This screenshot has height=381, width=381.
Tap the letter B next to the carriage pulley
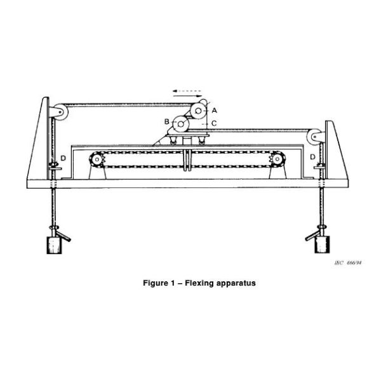pos(166,121)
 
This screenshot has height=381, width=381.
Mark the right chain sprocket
pos(277,160)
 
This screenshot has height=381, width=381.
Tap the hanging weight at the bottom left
pos(51,244)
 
